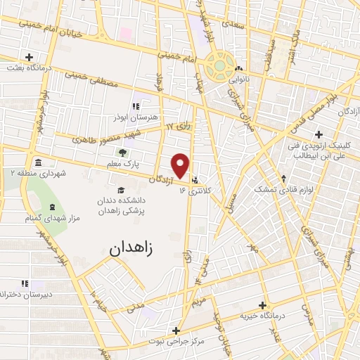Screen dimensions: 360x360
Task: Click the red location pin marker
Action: [181, 165]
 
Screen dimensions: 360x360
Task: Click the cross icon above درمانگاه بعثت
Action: [28, 57]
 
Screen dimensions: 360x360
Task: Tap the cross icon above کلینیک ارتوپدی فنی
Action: [319, 134]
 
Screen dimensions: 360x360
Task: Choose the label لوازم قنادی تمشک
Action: [281, 190]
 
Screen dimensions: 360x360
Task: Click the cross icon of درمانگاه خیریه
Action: [262, 305]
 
